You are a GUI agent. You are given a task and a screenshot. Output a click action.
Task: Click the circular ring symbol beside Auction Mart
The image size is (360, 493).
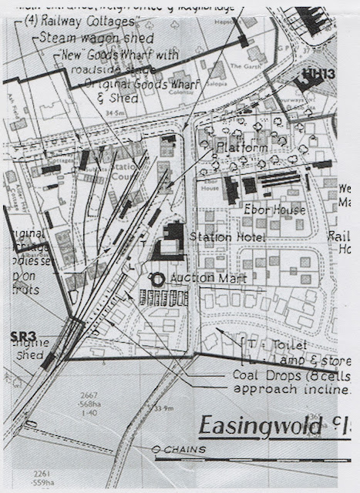tap(157, 278)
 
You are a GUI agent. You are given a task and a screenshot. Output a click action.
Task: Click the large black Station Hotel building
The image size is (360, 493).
tap(173, 241)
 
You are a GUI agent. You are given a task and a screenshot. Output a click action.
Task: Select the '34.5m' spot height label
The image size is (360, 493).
tap(118, 112)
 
